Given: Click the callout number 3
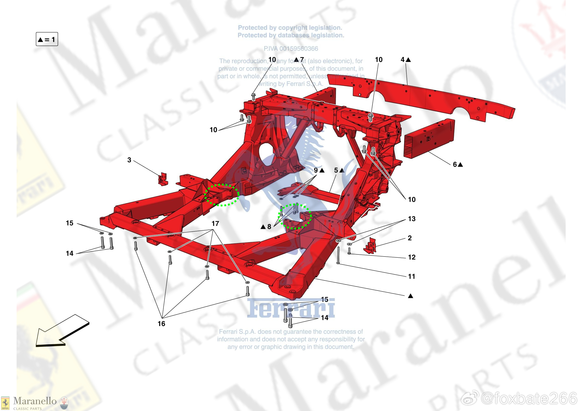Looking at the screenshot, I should tap(129, 160).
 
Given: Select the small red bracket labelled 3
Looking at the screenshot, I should tap(163, 179).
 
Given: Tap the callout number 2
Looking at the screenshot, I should tap(410, 238).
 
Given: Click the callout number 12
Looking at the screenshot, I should tap(412, 257).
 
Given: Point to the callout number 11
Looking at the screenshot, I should tap(412, 277).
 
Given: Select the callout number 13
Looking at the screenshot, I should tap(412, 219).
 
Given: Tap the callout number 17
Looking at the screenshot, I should tap(215, 224).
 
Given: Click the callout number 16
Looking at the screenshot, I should tap(161, 324).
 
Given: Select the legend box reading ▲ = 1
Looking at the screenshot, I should tap(47, 39).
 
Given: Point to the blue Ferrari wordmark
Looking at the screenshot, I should tap(291, 309).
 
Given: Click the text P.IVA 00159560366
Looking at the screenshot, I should tap(291, 48).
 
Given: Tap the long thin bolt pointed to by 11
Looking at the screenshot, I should tap(338, 255).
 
